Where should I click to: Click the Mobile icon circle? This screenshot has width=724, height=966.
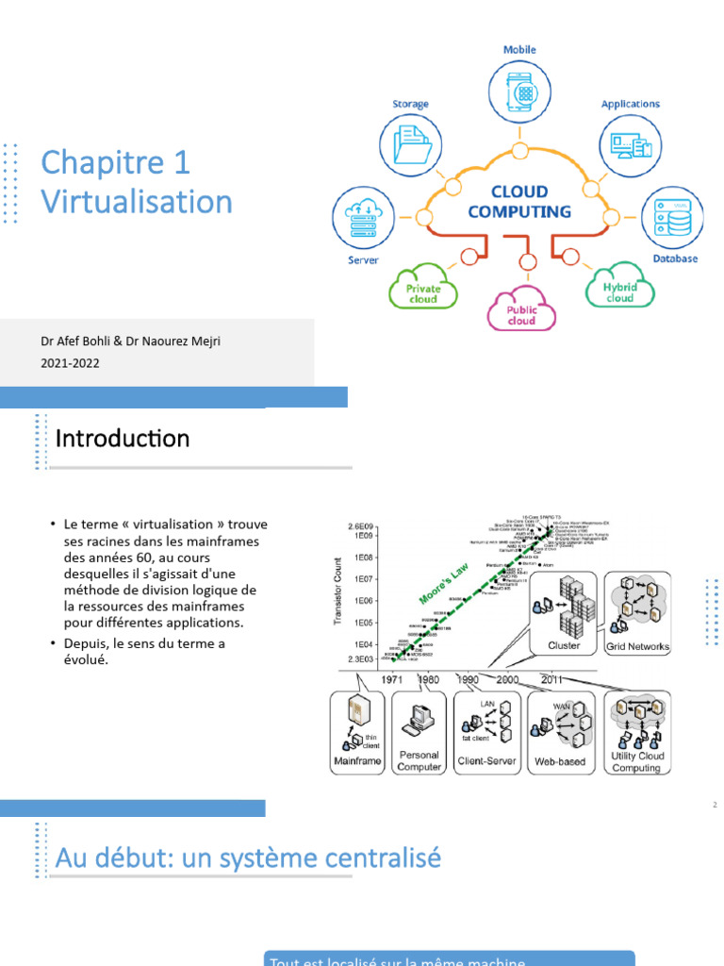point(520,92)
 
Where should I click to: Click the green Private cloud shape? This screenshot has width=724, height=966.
point(422,286)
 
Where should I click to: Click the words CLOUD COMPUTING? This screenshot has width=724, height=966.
point(519,201)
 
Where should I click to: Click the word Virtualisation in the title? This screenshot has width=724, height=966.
point(137,201)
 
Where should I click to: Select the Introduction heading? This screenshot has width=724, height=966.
point(123,439)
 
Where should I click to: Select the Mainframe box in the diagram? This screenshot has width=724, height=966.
point(358,734)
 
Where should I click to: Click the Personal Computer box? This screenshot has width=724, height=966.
point(419,734)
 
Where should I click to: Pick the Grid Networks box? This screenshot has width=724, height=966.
point(637,614)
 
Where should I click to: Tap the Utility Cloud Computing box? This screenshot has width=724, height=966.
point(637,734)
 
